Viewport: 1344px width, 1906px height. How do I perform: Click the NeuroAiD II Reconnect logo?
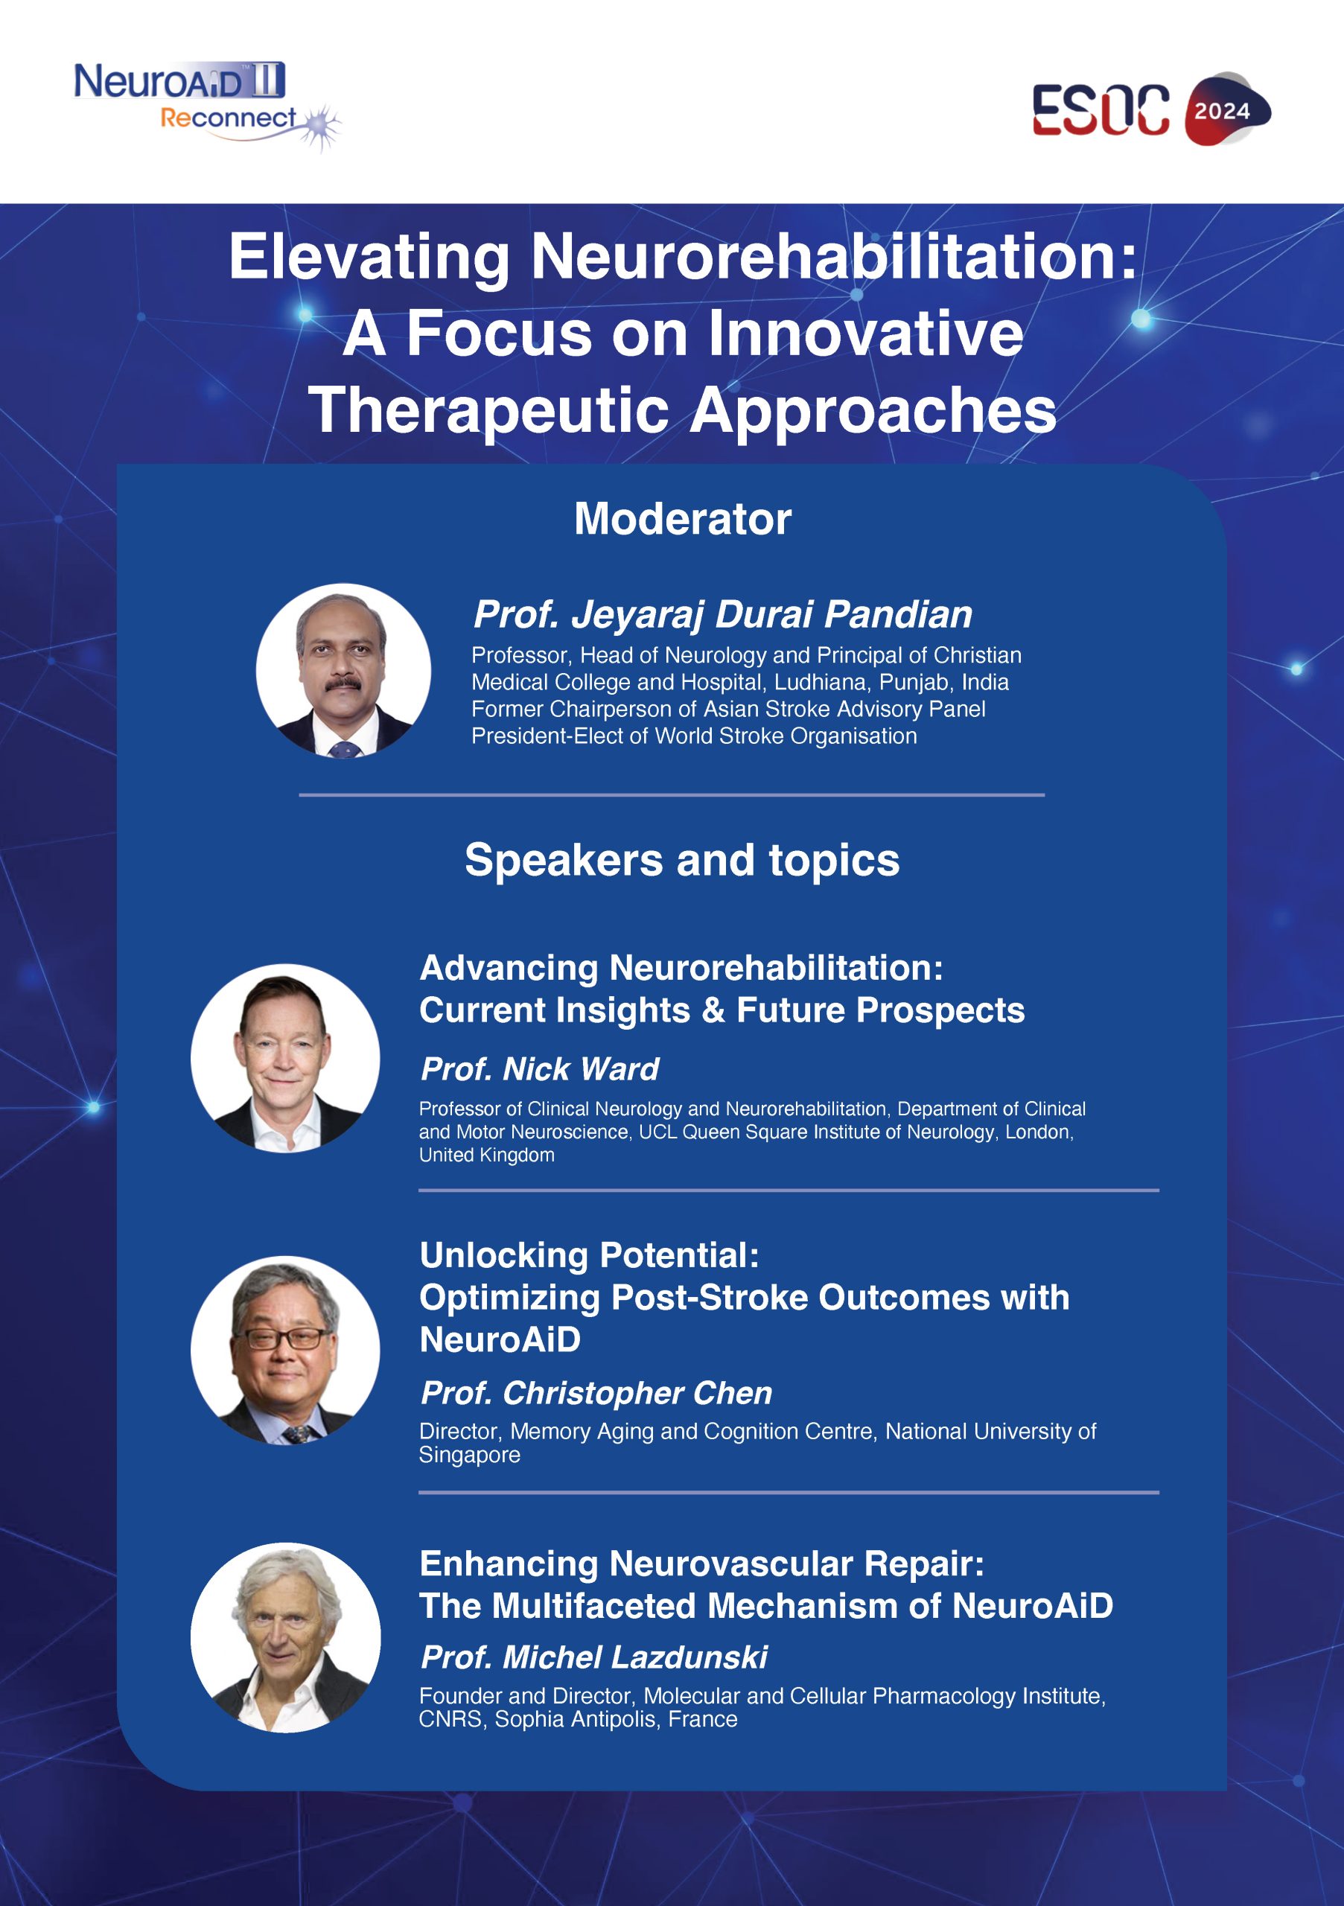208,106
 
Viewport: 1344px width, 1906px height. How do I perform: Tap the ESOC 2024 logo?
1152,109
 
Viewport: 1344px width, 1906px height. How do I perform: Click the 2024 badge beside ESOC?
1228,109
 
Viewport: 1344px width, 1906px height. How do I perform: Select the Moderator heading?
682,519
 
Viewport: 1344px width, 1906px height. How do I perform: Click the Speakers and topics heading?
682,860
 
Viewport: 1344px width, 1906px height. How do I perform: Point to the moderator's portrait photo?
343,670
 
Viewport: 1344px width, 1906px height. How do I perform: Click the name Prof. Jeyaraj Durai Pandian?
722,615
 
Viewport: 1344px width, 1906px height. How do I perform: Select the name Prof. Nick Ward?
540,1069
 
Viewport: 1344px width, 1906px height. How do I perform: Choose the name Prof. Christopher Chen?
596,1393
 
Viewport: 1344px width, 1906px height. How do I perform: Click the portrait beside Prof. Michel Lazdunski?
286,1637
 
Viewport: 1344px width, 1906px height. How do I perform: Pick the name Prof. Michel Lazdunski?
593,1657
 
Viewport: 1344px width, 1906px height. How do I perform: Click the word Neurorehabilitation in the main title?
833,257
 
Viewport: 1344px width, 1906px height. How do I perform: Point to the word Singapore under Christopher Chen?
469,1456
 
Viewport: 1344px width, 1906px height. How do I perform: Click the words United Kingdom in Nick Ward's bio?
486,1155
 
